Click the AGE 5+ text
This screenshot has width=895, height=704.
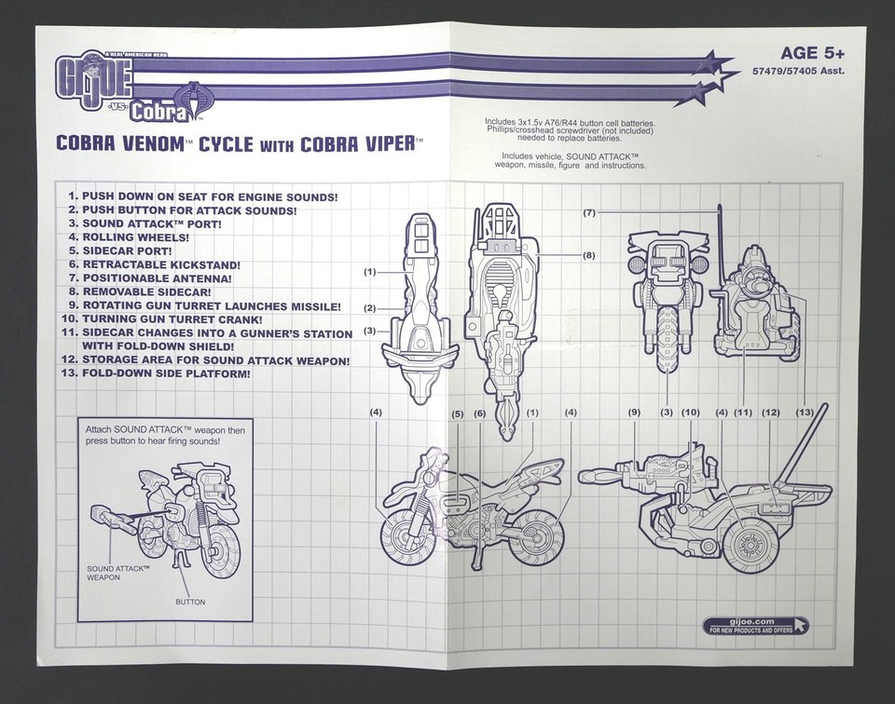click(812, 53)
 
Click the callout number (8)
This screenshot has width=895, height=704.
click(589, 255)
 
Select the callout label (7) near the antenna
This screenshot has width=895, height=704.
click(589, 213)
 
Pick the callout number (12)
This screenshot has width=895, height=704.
click(771, 413)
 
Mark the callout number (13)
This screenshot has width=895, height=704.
click(805, 413)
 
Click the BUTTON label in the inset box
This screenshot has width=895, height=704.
click(190, 602)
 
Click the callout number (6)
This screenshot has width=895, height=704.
click(479, 413)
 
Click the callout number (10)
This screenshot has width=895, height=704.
click(691, 413)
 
